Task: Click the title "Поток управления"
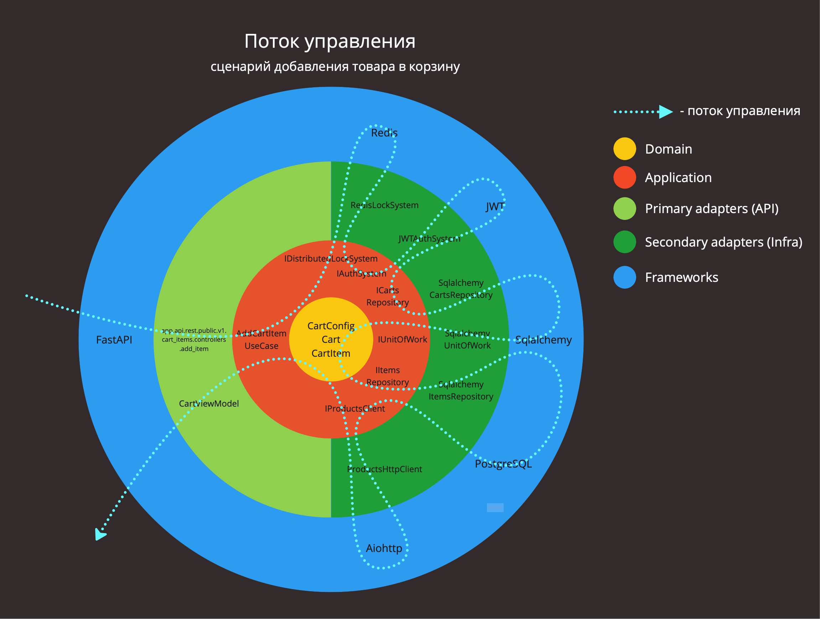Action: tap(329, 42)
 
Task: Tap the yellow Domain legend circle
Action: tap(625, 149)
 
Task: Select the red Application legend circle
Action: tap(625, 177)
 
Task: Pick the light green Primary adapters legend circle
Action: tap(625, 208)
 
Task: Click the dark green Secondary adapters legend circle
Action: tap(625, 242)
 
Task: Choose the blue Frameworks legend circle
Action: tap(625, 277)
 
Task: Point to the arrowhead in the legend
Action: tap(665, 111)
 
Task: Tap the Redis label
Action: tap(384, 133)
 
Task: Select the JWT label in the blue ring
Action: tap(495, 207)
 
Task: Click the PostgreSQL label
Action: tap(503, 464)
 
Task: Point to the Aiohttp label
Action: tap(384, 548)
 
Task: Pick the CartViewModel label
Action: tap(209, 403)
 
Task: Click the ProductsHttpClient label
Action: tap(384, 469)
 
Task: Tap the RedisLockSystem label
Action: tap(384, 205)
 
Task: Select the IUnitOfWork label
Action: tap(402, 339)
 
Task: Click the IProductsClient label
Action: tap(355, 409)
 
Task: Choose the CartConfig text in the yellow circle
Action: tap(331, 326)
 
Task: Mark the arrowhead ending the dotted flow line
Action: tap(100, 535)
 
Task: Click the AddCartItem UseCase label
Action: tap(261, 339)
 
